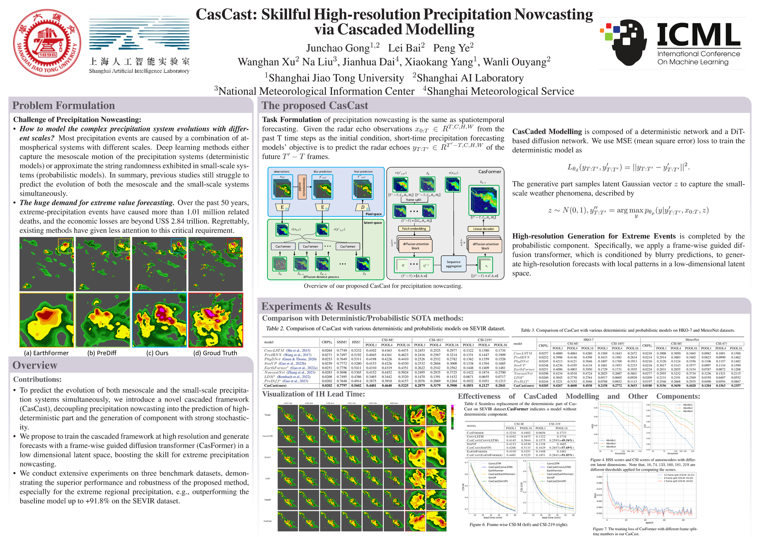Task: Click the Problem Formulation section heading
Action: [64, 106]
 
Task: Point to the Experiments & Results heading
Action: [316, 306]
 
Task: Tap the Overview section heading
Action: [35, 365]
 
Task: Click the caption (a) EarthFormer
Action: [46, 353]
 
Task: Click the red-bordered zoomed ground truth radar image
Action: [216, 320]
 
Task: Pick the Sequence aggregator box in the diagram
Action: [453, 264]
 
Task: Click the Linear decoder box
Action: [483, 229]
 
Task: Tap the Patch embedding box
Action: [413, 228]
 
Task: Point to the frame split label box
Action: [413, 200]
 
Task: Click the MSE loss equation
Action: [628, 167]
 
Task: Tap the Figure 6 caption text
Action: [518, 525]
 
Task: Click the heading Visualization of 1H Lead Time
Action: [313, 394]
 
